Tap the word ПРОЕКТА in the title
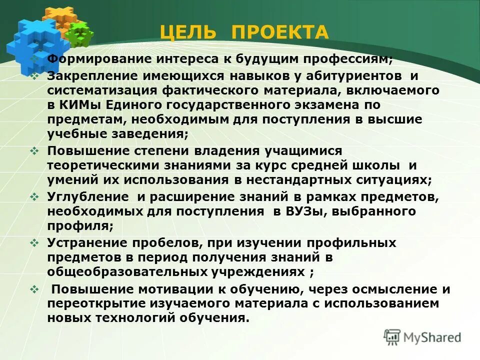[x=280, y=32]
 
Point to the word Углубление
[x=85, y=197]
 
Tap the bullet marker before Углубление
[x=34, y=197]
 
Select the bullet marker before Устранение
[x=34, y=243]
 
